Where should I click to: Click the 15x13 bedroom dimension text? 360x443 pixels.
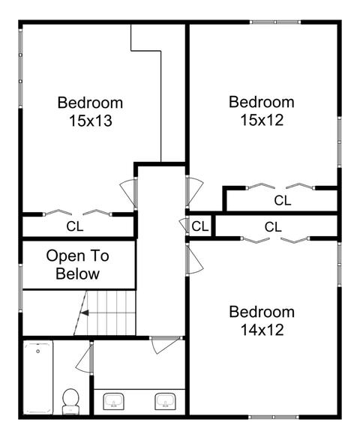click(91, 121)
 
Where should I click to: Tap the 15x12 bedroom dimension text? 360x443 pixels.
click(262, 120)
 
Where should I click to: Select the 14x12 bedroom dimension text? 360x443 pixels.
click(262, 330)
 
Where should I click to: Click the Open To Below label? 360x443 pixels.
click(77, 265)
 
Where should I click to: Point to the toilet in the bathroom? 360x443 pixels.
click(70, 401)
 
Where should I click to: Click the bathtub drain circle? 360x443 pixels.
click(37, 352)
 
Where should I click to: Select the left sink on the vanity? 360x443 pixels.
click(113, 401)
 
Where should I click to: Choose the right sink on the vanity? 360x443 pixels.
click(165, 402)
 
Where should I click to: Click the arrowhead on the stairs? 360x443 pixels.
click(85, 313)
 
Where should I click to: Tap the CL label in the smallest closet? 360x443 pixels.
click(199, 226)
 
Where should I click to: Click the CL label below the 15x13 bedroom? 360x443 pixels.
click(75, 226)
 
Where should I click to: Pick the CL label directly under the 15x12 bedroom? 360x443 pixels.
click(283, 201)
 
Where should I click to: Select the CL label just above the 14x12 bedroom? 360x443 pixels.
click(273, 227)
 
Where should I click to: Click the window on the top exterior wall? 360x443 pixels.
click(275, 22)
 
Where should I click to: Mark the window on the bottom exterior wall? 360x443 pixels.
click(274, 417)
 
